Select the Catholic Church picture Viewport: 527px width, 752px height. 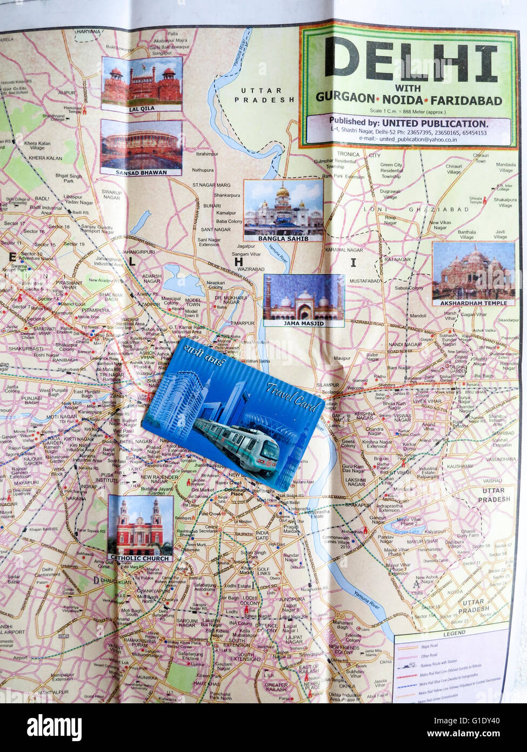click(141, 525)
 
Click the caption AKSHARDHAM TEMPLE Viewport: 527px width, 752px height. click(473, 303)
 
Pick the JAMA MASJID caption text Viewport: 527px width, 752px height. click(303, 323)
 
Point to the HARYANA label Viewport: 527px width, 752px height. click(88, 32)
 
